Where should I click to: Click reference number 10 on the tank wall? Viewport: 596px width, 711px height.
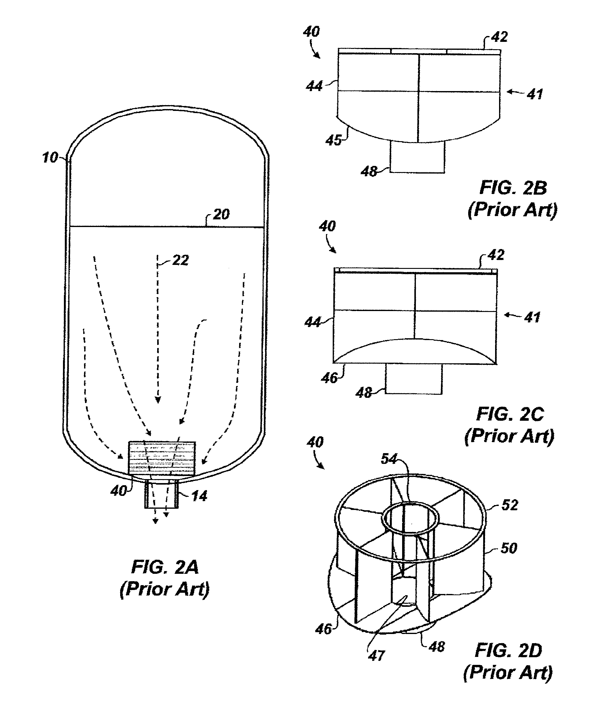tap(50, 158)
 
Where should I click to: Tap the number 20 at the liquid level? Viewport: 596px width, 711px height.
tap(221, 214)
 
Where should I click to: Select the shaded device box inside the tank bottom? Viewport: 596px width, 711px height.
tap(162, 458)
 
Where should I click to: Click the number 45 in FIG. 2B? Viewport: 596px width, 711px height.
tap(333, 140)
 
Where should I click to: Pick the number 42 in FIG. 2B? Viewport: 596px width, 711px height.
tap(499, 37)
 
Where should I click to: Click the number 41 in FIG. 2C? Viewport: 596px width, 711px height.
tap(532, 317)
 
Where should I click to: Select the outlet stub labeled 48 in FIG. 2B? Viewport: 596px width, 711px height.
tap(417, 157)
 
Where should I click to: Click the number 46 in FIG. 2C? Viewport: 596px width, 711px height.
tap(329, 378)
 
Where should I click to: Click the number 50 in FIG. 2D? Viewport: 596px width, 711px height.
tap(509, 548)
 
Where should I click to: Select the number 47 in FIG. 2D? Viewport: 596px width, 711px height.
tap(376, 656)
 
